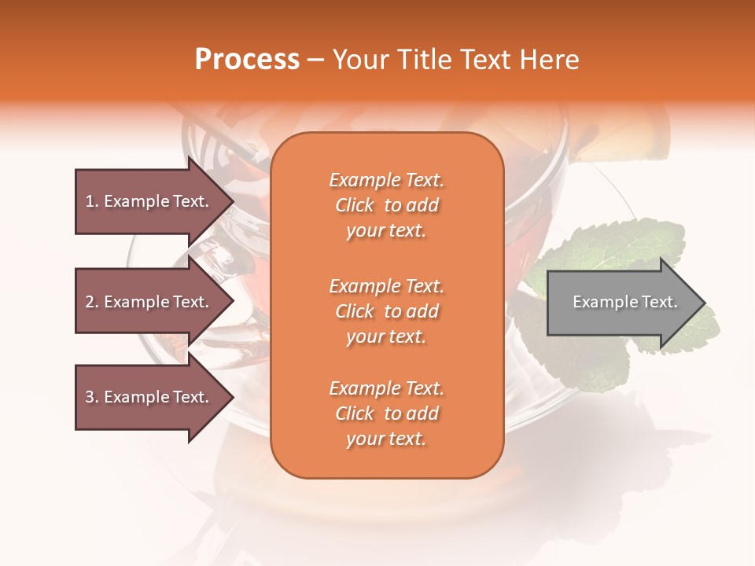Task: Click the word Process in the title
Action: [x=247, y=60]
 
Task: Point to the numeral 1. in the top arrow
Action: [x=92, y=201]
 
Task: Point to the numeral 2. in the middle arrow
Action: [x=92, y=302]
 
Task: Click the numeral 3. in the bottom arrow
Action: [x=92, y=397]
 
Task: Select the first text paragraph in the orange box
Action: [x=386, y=205]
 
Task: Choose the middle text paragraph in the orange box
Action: [x=386, y=311]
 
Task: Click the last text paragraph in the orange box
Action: [x=386, y=413]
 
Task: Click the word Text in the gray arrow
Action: [x=659, y=302]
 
